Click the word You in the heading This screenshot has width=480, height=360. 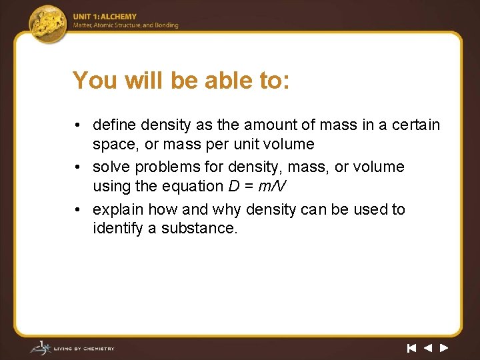(x=93, y=81)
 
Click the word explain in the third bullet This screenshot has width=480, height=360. (x=118, y=209)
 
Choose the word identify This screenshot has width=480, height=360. (x=117, y=229)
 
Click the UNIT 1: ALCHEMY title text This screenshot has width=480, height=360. (x=105, y=17)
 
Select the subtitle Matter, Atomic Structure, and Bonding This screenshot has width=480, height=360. (x=125, y=25)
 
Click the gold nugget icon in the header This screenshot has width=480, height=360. (x=49, y=23)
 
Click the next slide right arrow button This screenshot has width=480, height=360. (x=444, y=347)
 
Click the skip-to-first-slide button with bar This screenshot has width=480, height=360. (x=411, y=347)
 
